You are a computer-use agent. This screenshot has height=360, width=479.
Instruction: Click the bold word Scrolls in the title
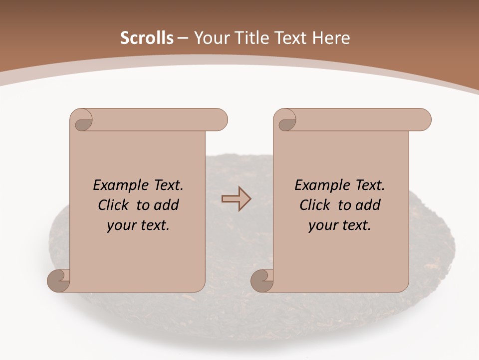[147, 38]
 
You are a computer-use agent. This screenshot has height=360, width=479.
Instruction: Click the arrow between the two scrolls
[236, 198]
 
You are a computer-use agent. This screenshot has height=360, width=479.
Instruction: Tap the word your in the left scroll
[120, 226]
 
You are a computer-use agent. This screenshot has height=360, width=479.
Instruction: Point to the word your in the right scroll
[321, 226]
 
